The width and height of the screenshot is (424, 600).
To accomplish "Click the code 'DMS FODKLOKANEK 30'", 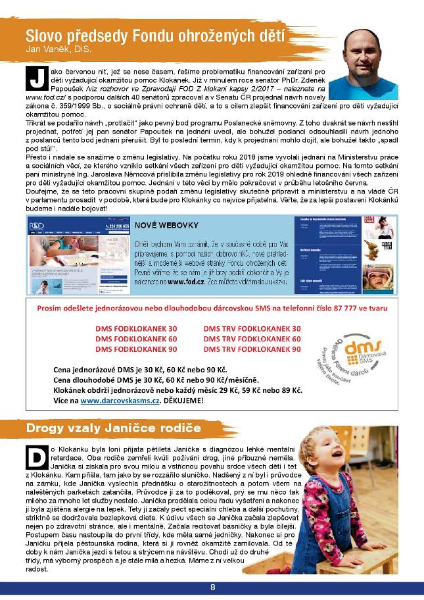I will [x=136, y=328].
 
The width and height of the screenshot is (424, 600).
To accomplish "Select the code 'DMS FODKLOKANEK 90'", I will [x=136, y=349].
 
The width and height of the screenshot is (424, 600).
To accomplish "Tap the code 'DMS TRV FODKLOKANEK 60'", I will [x=252, y=339].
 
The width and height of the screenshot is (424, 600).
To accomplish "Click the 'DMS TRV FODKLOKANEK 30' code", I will [x=252, y=328].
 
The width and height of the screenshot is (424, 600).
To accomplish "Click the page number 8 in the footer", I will [x=212, y=587].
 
